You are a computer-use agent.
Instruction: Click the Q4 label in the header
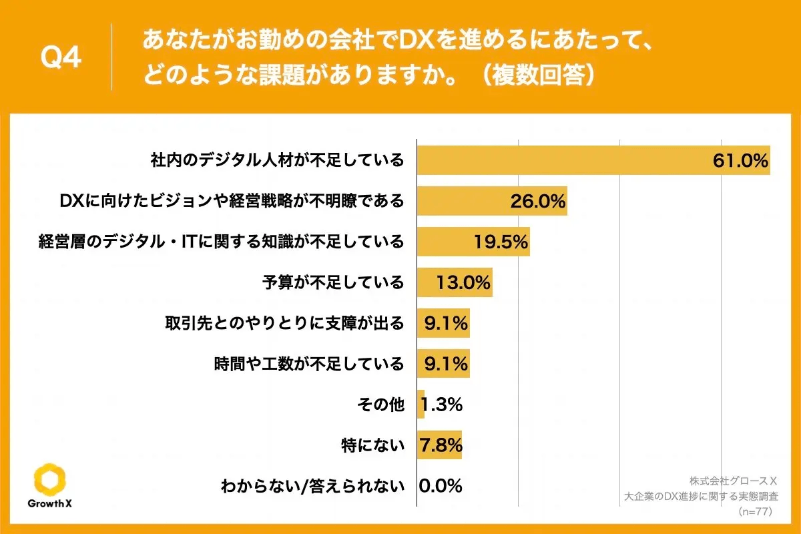(61, 59)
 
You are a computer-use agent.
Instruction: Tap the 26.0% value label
(538, 201)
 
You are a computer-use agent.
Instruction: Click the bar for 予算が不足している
(455, 282)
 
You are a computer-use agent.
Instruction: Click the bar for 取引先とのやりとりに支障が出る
(443, 324)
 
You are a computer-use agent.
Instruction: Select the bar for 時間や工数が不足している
(443, 364)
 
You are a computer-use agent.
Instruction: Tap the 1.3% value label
(442, 405)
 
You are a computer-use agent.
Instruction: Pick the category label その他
(381, 405)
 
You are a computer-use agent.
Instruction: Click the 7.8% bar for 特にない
(439, 445)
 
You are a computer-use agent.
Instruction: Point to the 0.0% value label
(441, 486)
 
